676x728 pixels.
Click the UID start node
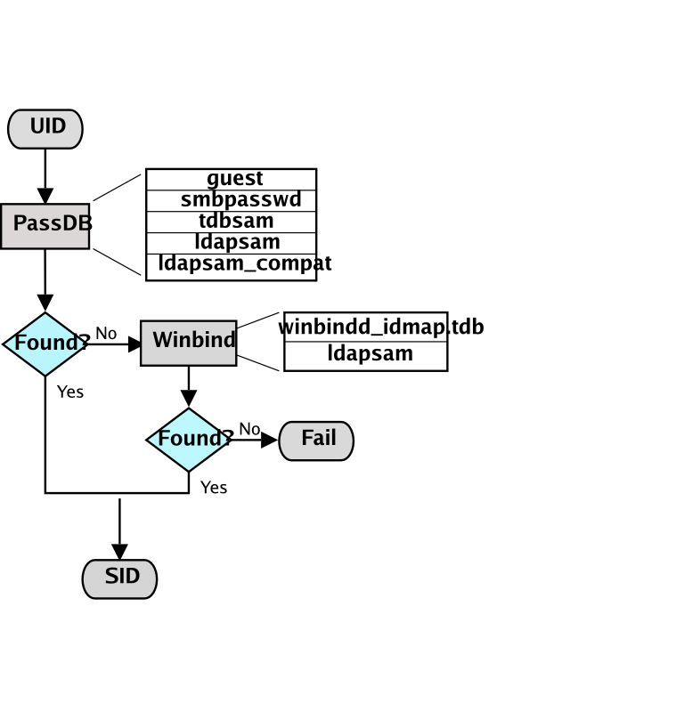[45, 128]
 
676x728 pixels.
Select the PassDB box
[45, 224]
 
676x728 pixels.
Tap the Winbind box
[188, 342]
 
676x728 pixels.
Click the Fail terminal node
[316, 440]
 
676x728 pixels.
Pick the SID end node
[119, 578]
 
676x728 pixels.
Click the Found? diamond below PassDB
[45, 344]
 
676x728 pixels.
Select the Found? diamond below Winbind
[189, 439]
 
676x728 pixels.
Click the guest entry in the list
[234, 179]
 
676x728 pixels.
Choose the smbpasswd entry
[240, 199]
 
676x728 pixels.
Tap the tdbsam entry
[236, 221]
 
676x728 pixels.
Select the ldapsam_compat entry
[245, 263]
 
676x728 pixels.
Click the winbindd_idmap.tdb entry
[380, 327]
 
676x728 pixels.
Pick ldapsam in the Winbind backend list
[370, 353]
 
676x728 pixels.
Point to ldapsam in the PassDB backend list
[237, 242]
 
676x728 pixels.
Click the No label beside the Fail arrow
[249, 429]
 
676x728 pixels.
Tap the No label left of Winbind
[106, 333]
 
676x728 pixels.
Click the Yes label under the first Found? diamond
[69, 392]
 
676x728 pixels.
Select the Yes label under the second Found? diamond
[213, 488]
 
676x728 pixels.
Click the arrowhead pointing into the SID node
[119, 552]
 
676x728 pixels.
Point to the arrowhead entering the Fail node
[270, 440]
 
